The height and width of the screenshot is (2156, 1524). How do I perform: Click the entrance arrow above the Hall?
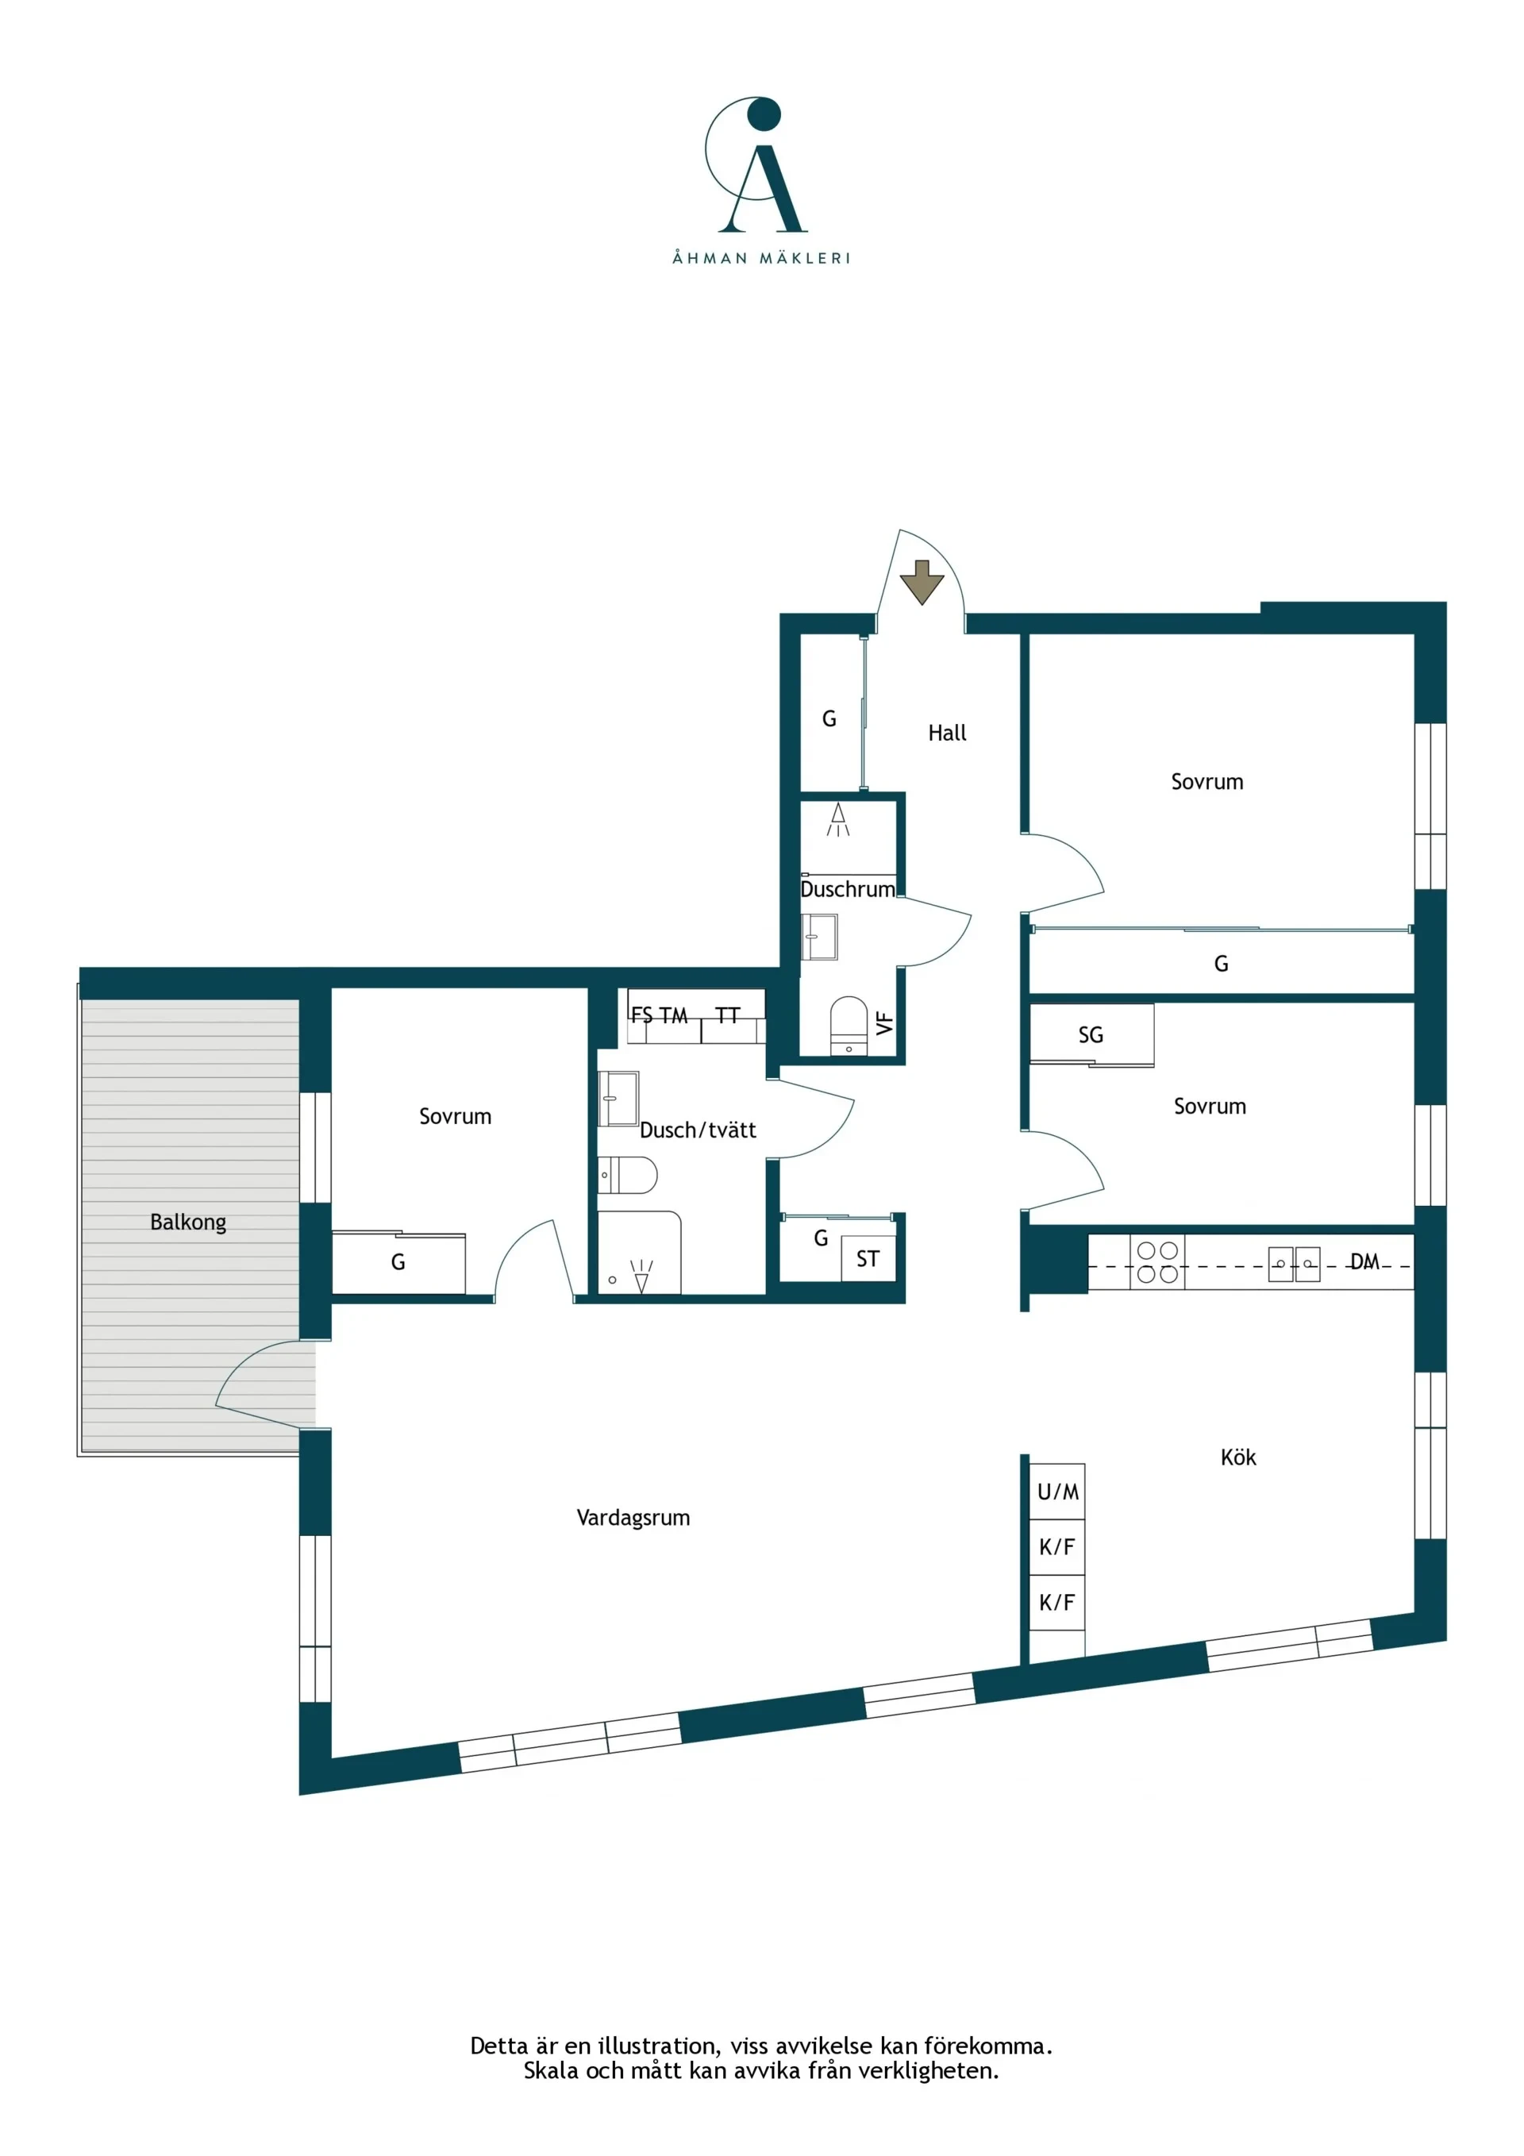click(x=922, y=582)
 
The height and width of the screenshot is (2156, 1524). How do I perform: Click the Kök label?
click(x=1237, y=1457)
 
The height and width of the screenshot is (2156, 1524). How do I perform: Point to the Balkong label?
click(x=188, y=1222)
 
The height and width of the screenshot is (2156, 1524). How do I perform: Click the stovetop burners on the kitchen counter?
click(x=1156, y=1262)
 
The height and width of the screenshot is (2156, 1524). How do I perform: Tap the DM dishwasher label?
click(x=1364, y=1262)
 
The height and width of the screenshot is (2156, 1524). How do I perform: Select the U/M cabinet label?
click(x=1057, y=1491)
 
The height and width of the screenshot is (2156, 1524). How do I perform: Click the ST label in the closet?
click(x=868, y=1259)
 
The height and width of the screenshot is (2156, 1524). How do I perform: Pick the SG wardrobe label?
click(x=1090, y=1035)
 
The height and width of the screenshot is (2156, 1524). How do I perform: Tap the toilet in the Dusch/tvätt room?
click(x=627, y=1175)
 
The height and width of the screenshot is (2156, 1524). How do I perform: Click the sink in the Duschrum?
click(x=819, y=937)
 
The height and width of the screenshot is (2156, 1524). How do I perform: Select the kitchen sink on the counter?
click(x=1294, y=1264)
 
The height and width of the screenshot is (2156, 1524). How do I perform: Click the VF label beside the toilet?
click(x=884, y=1023)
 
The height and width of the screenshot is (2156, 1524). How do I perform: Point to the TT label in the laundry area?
click(x=728, y=1015)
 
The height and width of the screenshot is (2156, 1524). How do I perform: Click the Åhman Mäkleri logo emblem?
click(x=756, y=164)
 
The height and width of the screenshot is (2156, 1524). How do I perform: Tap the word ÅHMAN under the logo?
click(x=709, y=257)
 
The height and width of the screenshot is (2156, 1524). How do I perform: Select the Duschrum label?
click(x=847, y=889)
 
